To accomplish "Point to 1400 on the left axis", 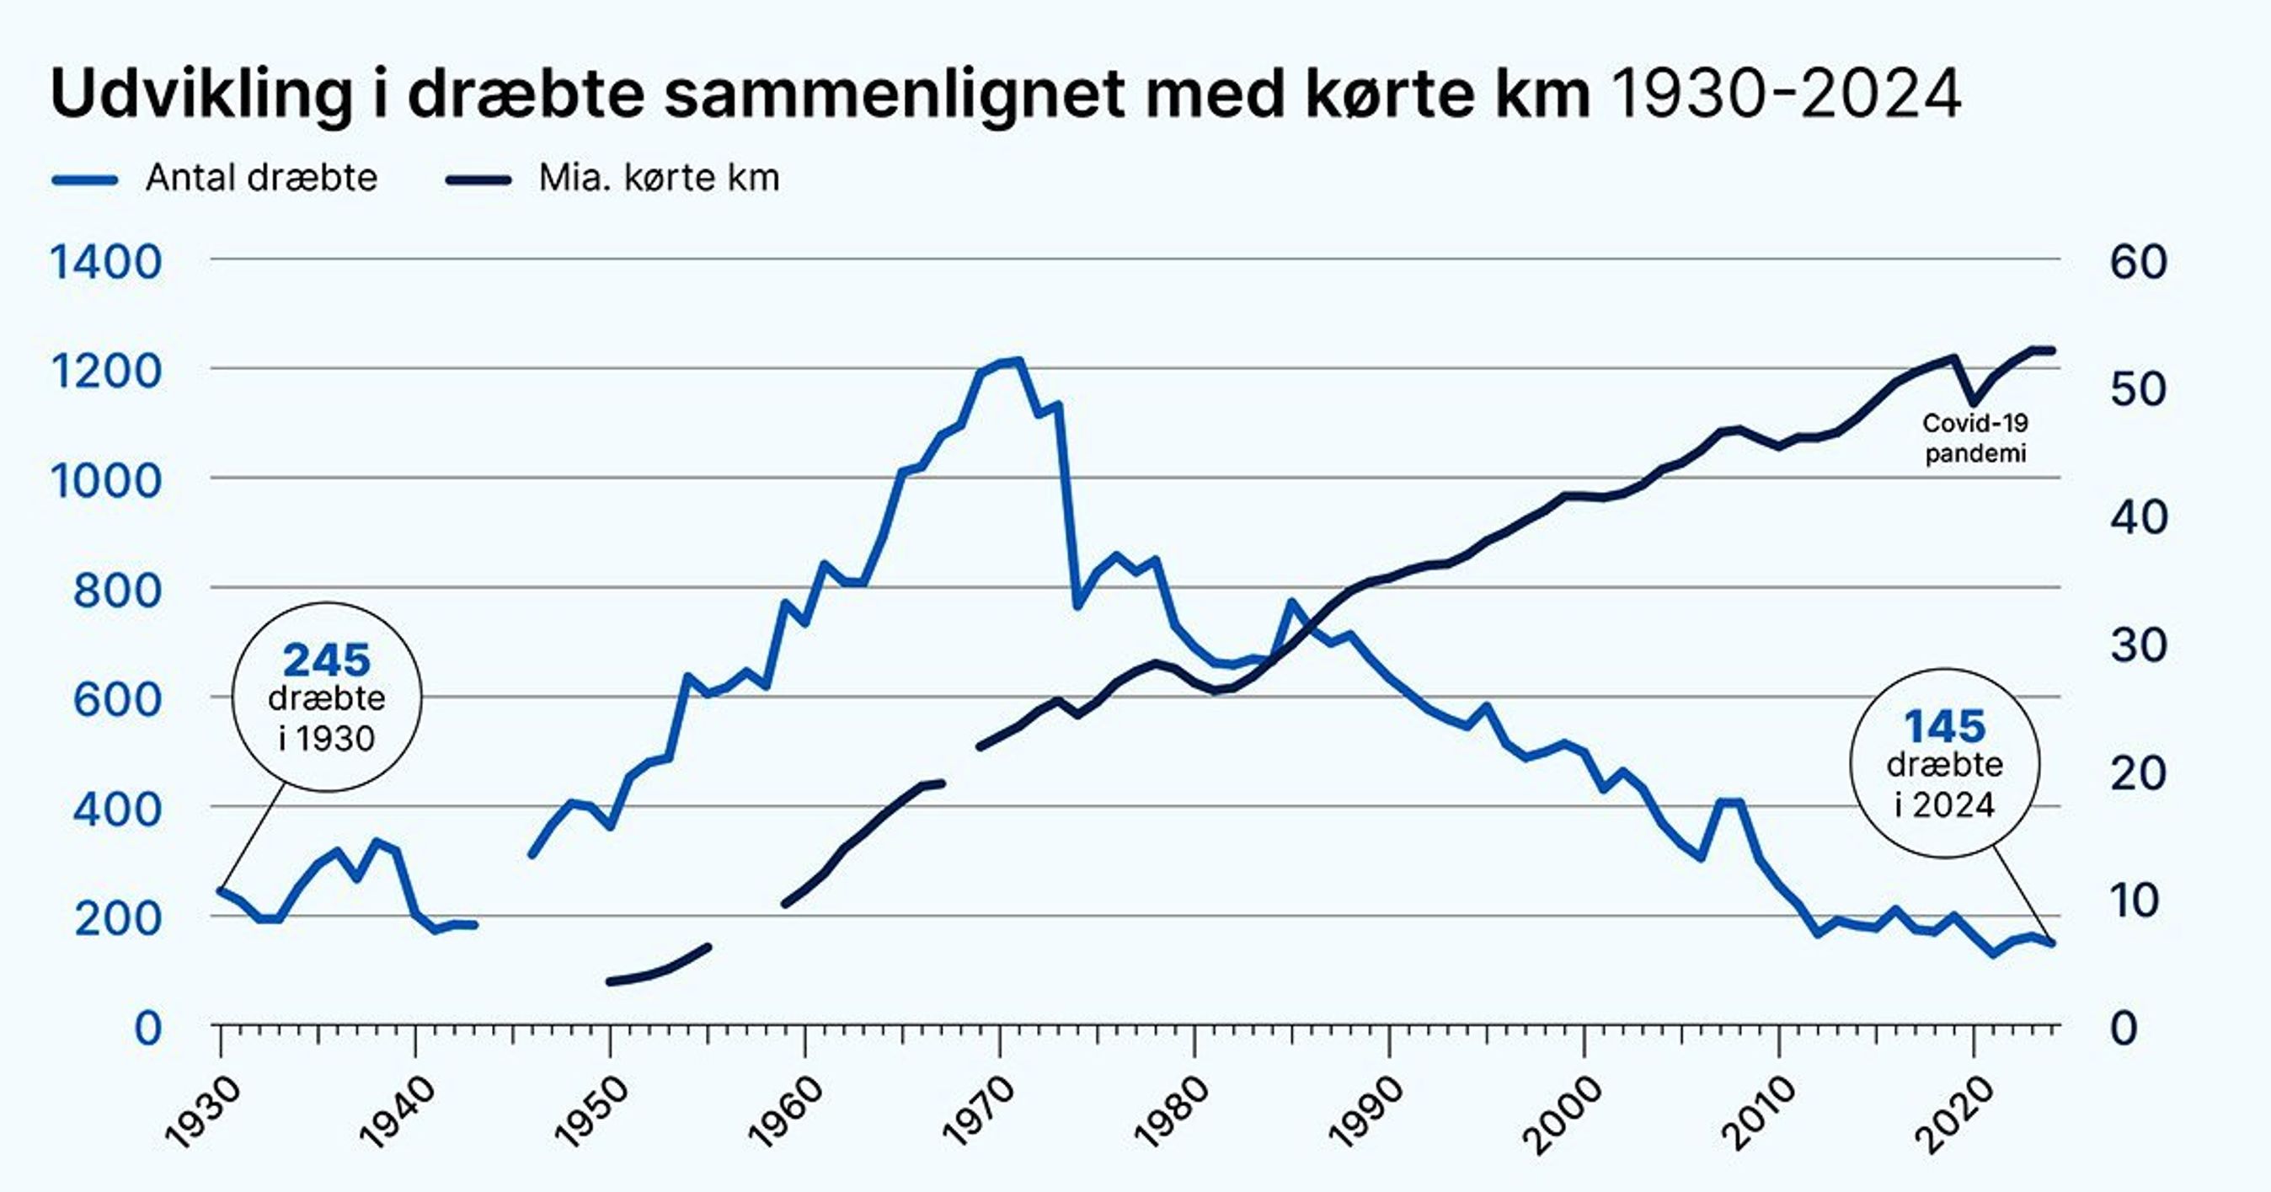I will point(106,262).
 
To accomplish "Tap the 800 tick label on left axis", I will point(117,590).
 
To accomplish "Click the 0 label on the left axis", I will point(147,1028).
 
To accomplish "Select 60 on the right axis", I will point(2139,262).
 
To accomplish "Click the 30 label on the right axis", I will point(2139,645).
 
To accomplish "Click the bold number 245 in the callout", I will point(326,660).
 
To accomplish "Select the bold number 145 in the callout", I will point(1945,727).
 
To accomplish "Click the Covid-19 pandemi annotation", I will point(1974,438).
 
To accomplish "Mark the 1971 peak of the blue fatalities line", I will point(1018,361).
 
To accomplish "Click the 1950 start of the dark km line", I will point(610,981).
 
